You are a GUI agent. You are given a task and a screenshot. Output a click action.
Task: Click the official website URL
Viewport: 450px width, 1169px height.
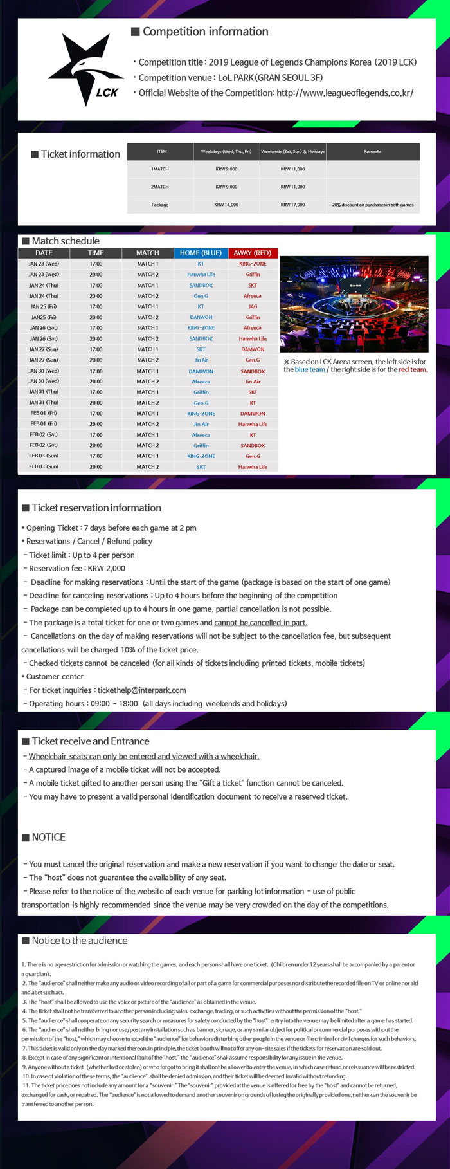click(345, 93)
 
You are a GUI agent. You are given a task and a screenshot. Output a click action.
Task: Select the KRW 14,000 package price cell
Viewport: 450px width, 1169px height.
click(226, 205)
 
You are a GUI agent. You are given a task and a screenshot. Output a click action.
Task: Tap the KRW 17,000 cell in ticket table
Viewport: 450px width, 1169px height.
click(292, 205)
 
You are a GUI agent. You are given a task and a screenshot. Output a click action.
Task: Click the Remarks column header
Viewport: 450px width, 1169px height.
click(372, 152)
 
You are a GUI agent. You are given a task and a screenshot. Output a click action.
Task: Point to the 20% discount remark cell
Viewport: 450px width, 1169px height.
click(372, 205)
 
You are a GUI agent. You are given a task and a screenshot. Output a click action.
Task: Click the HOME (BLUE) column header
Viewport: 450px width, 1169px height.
click(201, 253)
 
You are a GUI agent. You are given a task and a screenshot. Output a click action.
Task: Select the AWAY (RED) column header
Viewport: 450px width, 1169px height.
click(253, 253)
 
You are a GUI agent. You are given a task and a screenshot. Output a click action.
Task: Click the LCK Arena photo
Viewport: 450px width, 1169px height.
click(354, 304)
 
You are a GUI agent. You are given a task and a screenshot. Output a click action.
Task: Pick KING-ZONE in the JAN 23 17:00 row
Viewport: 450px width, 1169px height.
click(253, 264)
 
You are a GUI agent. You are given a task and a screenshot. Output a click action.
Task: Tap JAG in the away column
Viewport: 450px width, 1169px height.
click(253, 306)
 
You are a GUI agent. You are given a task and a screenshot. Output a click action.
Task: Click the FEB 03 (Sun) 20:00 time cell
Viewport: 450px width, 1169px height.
click(96, 466)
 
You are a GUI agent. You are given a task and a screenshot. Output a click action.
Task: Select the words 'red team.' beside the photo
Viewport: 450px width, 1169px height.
click(413, 369)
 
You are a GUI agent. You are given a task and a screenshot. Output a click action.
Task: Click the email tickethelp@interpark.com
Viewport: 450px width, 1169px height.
click(142, 690)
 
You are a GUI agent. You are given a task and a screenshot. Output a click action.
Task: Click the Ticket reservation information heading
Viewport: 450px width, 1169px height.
click(96, 508)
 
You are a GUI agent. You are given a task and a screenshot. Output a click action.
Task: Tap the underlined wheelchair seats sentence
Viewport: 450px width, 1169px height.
click(144, 756)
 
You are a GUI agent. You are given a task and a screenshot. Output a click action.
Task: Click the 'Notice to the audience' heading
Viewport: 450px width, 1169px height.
click(79, 941)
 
